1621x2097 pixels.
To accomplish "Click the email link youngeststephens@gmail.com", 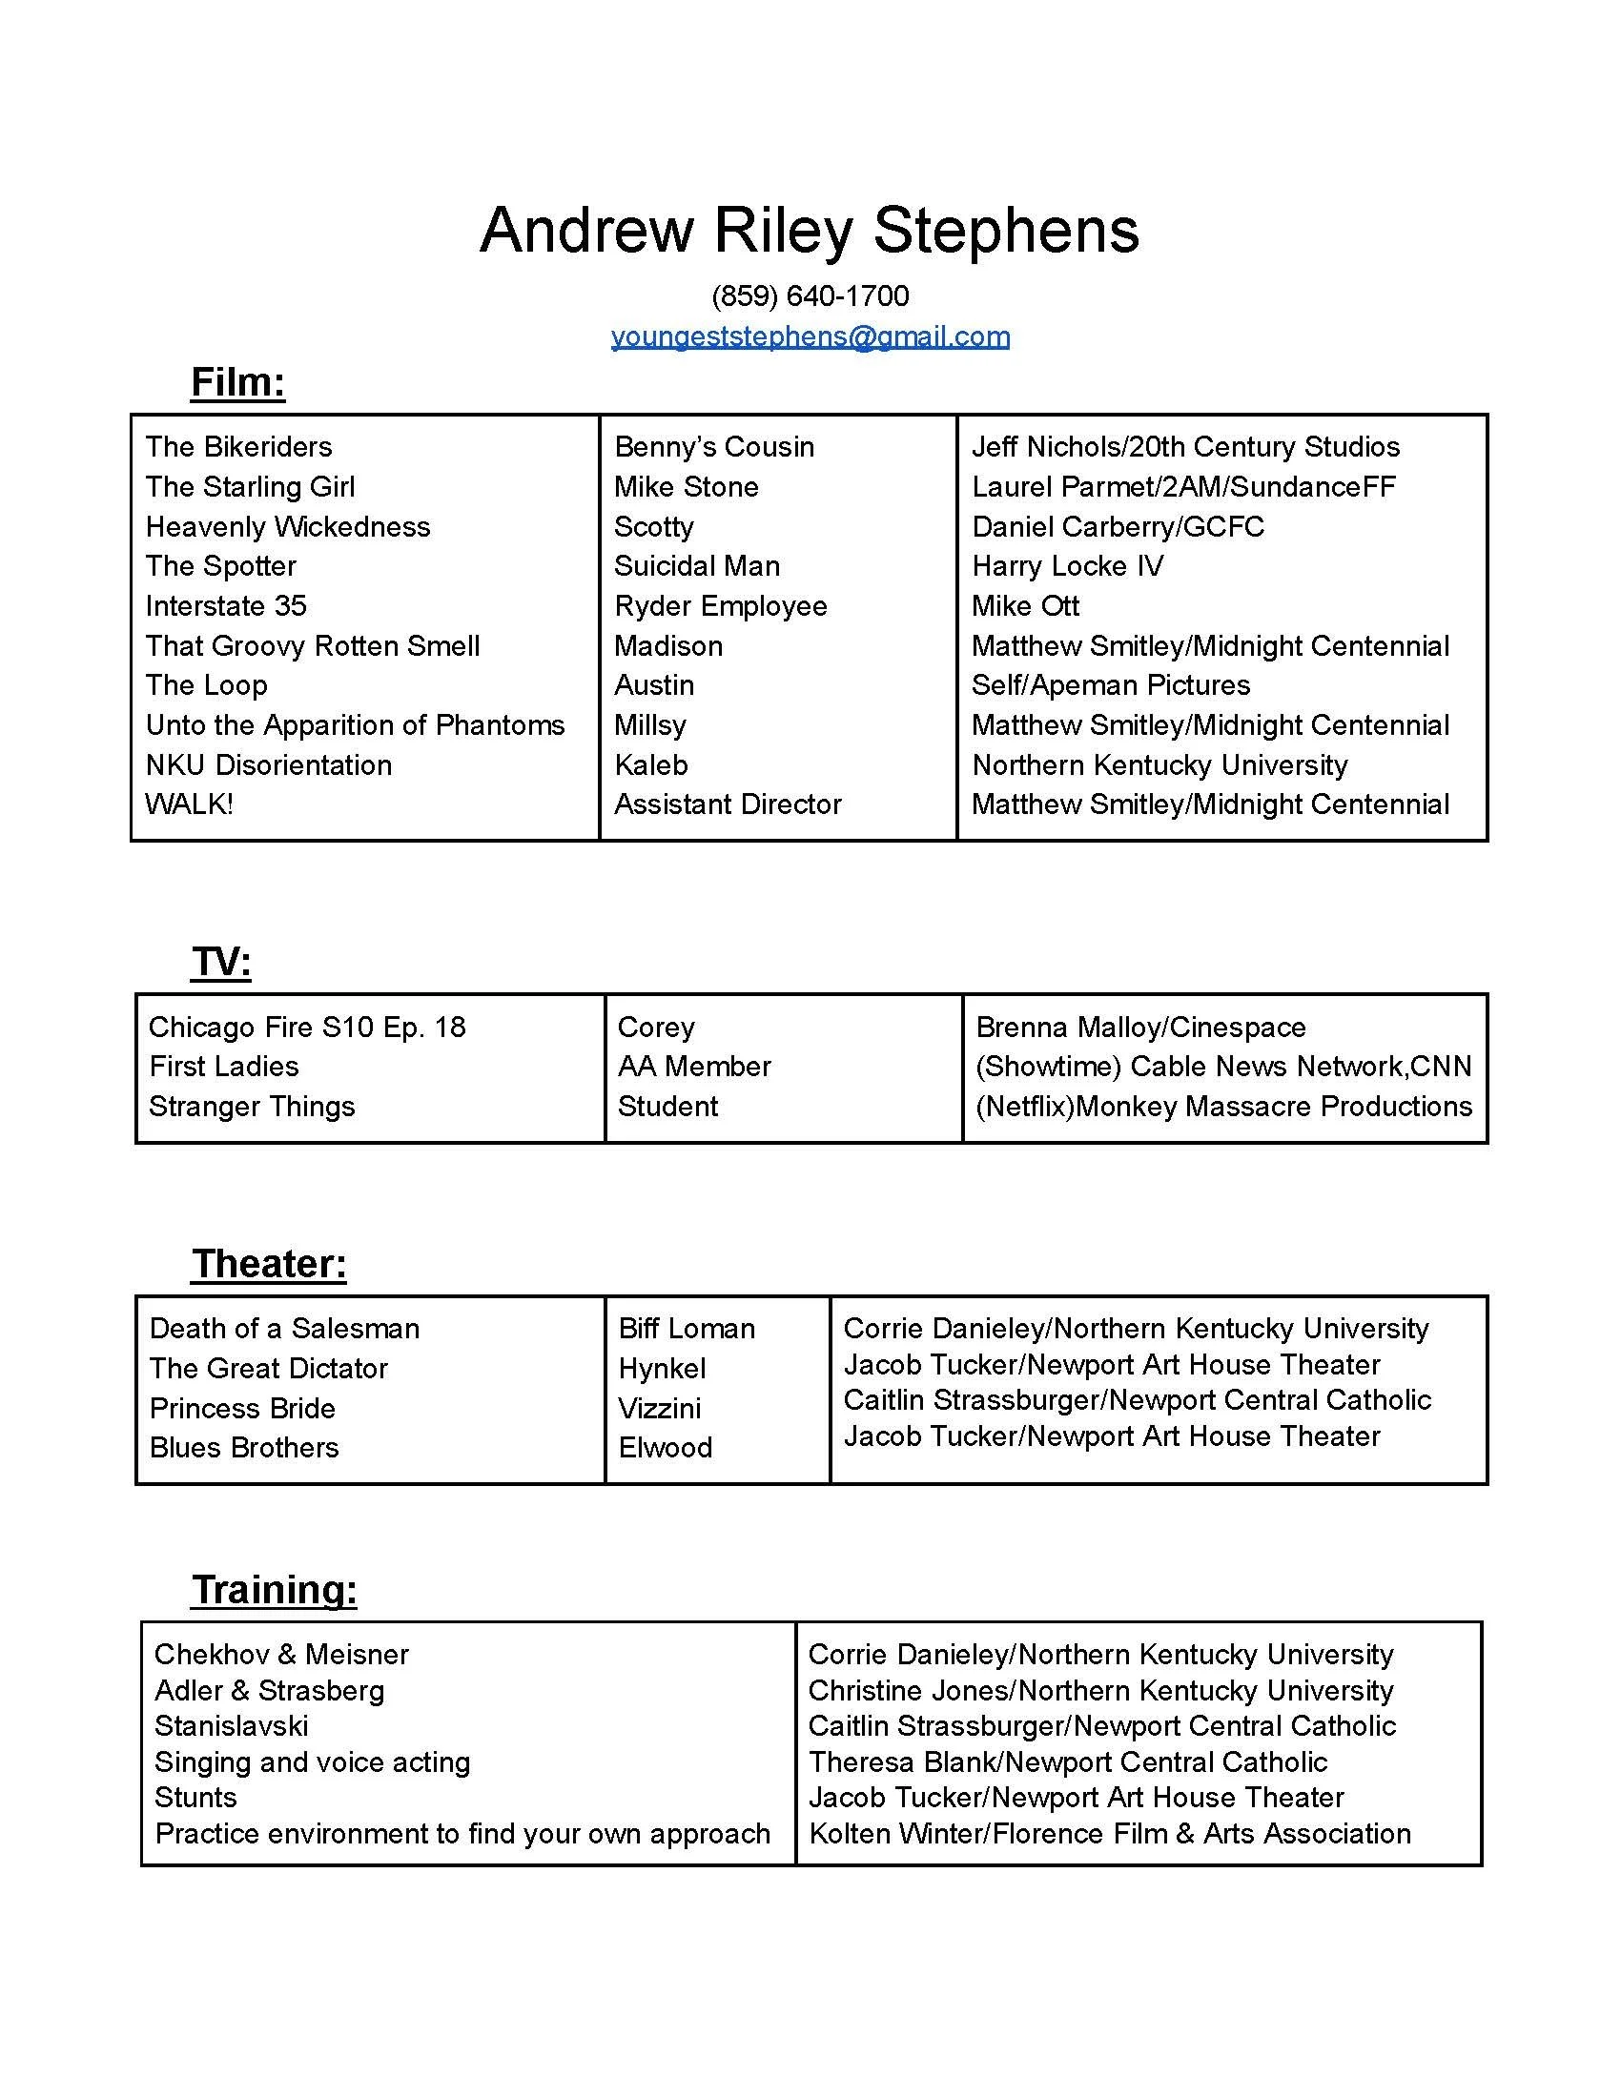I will pyautogui.click(x=810, y=337).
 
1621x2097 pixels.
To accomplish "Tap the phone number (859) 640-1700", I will pyautogui.click(x=810, y=295).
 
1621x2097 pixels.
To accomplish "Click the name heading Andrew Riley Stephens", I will pyautogui.click(x=809, y=231).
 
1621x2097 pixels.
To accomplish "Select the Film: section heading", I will pyautogui.click(x=238, y=382).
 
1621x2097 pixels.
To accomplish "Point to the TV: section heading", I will pyautogui.click(x=221, y=961).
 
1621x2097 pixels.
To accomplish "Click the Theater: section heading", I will pyautogui.click(x=269, y=1264).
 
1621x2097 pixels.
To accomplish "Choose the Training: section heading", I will pyautogui.click(x=274, y=1589).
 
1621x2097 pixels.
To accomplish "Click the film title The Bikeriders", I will pyautogui.click(x=238, y=446).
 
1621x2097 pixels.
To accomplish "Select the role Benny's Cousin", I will pyautogui.click(x=713, y=446).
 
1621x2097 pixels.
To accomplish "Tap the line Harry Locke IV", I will pyautogui.click(x=1067, y=565).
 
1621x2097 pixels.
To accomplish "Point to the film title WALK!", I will pyautogui.click(x=188, y=804).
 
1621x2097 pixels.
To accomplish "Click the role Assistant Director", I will pyautogui.click(x=727, y=804).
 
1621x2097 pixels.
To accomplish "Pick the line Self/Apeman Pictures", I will pyautogui.click(x=1110, y=684).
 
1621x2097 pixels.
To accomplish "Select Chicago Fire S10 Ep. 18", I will pyautogui.click(x=306, y=1027).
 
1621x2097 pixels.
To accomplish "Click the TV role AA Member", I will pyautogui.click(x=693, y=1066).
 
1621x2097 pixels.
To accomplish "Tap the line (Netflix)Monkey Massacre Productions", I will pyautogui.click(x=1222, y=1106).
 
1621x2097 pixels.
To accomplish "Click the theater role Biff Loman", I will pyautogui.click(x=686, y=1328).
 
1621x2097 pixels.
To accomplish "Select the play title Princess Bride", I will pyautogui.click(x=242, y=1408).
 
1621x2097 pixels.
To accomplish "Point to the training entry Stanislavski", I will pyautogui.click(x=231, y=1725).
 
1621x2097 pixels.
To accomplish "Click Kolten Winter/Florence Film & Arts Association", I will pyautogui.click(x=1109, y=1833).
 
